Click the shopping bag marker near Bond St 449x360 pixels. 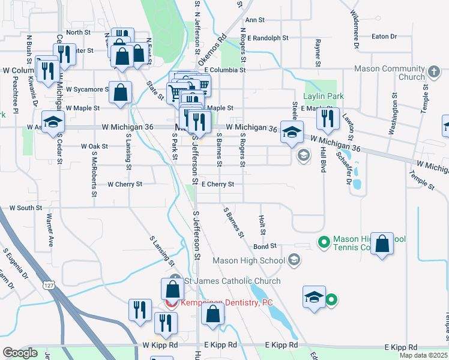click(382, 244)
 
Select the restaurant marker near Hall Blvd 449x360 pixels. click(328, 118)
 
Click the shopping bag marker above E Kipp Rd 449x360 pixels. click(212, 314)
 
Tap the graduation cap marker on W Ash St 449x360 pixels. click(53, 122)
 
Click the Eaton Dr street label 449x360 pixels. click(384, 37)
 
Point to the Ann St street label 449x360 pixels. click(255, 20)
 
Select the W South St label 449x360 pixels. click(26, 208)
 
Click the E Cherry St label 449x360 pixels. click(217, 184)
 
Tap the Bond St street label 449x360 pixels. click(264, 246)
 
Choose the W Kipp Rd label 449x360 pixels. click(160, 346)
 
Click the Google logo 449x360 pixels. click(20, 353)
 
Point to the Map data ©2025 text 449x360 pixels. click(424, 355)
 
